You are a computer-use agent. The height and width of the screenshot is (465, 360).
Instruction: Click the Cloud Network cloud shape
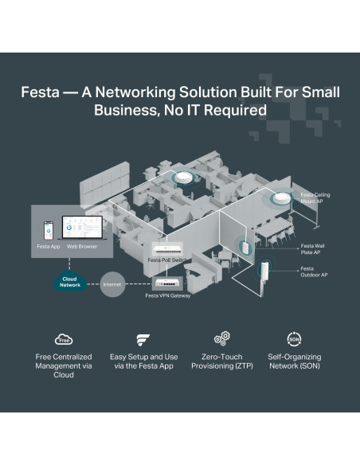pos(70,281)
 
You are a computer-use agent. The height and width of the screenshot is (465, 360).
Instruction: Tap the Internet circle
pos(112,284)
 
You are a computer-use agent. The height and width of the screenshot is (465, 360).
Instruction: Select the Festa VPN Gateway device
pos(167,283)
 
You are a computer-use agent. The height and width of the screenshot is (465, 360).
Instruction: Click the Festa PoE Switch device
pos(167,248)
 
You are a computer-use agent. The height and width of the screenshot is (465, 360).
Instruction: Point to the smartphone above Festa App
pos(49,230)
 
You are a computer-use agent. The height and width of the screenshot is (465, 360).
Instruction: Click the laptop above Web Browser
pos(83,228)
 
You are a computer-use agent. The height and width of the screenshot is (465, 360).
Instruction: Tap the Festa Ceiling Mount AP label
pos(315,197)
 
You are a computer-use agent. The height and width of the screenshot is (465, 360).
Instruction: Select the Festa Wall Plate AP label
pos(312,249)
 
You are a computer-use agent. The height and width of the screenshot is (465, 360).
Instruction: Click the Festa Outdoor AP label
pos(314,272)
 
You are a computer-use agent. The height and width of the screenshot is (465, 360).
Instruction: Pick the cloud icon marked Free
pos(64,339)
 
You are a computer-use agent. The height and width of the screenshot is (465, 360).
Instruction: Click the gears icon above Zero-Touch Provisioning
pos(222,338)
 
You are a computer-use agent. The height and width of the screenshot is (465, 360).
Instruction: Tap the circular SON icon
pos(294,339)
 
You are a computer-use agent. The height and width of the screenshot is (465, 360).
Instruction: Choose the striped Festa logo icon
pos(143,340)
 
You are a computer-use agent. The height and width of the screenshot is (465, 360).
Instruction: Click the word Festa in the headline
pos(40,92)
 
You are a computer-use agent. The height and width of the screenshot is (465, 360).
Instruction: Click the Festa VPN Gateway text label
pos(168,295)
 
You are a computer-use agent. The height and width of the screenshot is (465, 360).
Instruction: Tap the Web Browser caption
pos(82,247)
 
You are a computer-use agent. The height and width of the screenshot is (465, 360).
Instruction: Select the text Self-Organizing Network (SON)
pos(295,361)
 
